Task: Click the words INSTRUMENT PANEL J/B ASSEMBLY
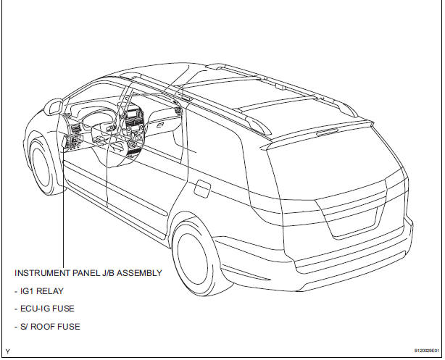[x=88, y=273]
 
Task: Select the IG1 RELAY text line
[x=40, y=291]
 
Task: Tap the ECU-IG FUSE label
[x=44, y=309]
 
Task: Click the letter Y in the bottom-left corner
[x=7, y=351]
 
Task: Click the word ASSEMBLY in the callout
[x=140, y=273]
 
